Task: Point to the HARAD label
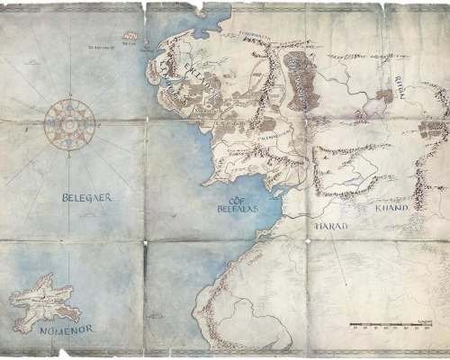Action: tap(330, 228)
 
